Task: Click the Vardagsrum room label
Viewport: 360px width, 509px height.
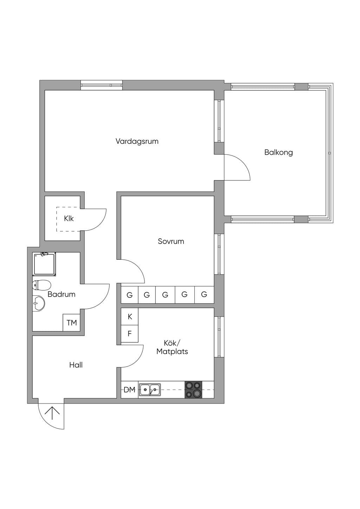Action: coord(137,141)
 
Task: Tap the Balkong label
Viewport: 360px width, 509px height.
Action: coord(278,152)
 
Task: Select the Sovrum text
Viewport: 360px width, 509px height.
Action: coord(171,241)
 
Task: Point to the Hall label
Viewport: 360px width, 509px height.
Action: coord(76,365)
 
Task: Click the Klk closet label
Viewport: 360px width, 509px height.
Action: coord(69,219)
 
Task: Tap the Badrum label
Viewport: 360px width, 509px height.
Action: coord(62,294)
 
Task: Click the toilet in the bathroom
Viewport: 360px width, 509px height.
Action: coord(41,285)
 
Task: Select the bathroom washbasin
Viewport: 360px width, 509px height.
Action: coord(39,303)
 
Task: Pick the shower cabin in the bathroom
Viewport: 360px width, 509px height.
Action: coord(44,264)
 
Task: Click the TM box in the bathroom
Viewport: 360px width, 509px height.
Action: coord(71,322)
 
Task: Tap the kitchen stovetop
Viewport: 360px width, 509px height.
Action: coord(193,390)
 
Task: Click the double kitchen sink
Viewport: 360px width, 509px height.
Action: coord(150,390)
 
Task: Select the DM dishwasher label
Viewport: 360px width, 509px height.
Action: coord(129,390)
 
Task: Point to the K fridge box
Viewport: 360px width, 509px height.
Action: coord(129,316)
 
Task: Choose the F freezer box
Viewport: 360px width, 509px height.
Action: coord(129,334)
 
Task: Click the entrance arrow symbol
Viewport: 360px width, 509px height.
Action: coord(52,413)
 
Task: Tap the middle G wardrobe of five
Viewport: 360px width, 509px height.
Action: coord(165,295)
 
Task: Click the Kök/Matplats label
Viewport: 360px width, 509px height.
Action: coord(172,347)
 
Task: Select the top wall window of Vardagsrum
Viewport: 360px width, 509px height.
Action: coord(102,85)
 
